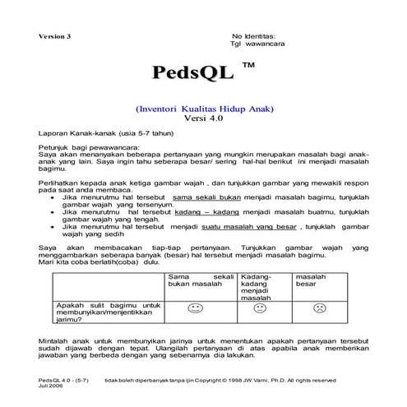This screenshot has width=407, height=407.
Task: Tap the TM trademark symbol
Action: click(248, 62)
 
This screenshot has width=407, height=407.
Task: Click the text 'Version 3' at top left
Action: click(56, 37)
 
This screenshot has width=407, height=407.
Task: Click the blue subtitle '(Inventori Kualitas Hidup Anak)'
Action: click(203, 109)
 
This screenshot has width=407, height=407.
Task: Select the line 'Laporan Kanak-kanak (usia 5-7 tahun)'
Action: click(92, 132)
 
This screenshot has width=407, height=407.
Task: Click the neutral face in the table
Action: click(260, 309)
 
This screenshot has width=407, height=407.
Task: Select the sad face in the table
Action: click(317, 309)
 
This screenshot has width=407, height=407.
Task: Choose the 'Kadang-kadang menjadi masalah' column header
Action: click(259, 287)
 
